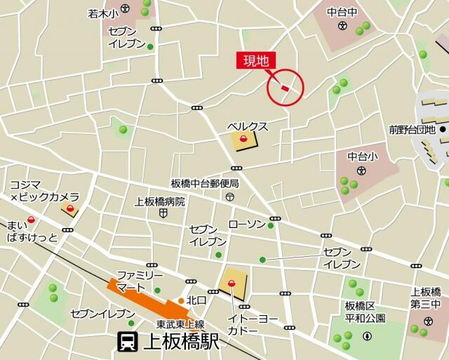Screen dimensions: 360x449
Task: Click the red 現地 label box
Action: pyautogui.click(x=255, y=61)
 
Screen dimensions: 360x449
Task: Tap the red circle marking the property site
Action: pyautogui.click(x=286, y=88)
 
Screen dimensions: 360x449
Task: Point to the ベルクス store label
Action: pyautogui.click(x=248, y=126)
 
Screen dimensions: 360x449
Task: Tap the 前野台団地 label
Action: pyautogui.click(x=413, y=129)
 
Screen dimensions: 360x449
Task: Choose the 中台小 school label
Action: pyautogui.click(x=362, y=156)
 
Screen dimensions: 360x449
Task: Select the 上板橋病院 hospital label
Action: pyautogui.click(x=160, y=201)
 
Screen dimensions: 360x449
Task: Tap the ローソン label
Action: pyautogui.click(x=247, y=224)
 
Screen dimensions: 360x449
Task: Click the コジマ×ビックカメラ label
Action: pyautogui.click(x=44, y=191)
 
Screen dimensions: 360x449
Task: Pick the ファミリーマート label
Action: pyautogui.click(x=139, y=281)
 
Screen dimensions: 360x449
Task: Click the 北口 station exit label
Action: pyautogui.click(x=196, y=300)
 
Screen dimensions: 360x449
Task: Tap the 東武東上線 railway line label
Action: pyautogui.click(x=180, y=324)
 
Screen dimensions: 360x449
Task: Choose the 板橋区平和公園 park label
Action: pyautogui.click(x=365, y=312)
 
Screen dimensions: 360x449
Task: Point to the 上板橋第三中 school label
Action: pyautogui.click(x=426, y=298)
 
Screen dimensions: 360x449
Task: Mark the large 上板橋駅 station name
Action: pyautogui.click(x=181, y=342)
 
